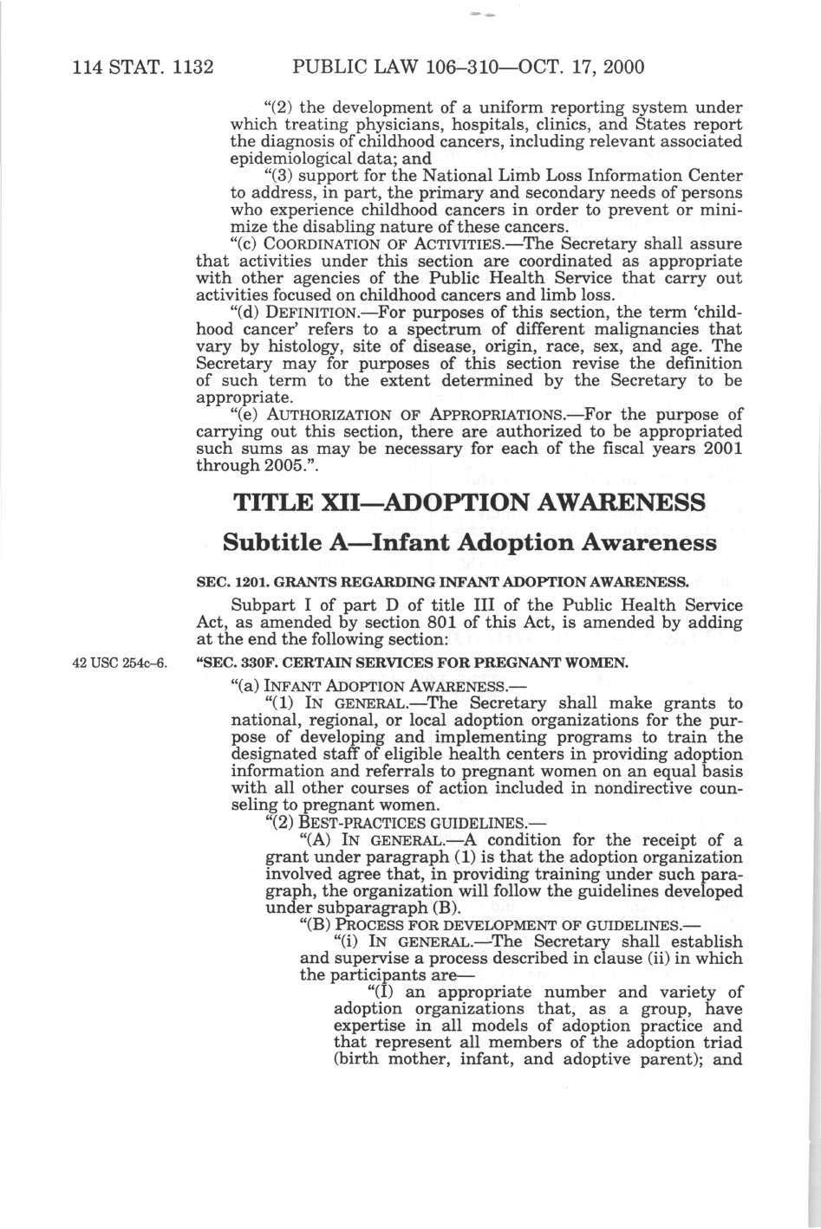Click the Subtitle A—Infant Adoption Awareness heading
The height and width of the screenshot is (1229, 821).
(470, 543)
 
